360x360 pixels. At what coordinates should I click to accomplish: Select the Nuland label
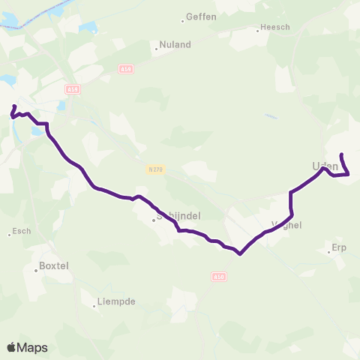(x=175, y=45)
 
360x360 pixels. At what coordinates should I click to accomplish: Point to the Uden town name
(x=323, y=166)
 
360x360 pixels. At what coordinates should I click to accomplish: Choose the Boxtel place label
(x=53, y=266)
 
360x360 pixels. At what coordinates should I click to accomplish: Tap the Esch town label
(x=22, y=231)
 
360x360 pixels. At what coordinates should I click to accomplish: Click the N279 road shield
(x=155, y=169)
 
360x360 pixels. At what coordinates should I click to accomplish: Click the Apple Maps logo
(x=28, y=347)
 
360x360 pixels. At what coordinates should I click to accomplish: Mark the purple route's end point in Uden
(x=341, y=154)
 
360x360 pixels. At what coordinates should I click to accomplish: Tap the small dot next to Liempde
(x=94, y=305)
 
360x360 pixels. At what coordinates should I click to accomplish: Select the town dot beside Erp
(x=329, y=251)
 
